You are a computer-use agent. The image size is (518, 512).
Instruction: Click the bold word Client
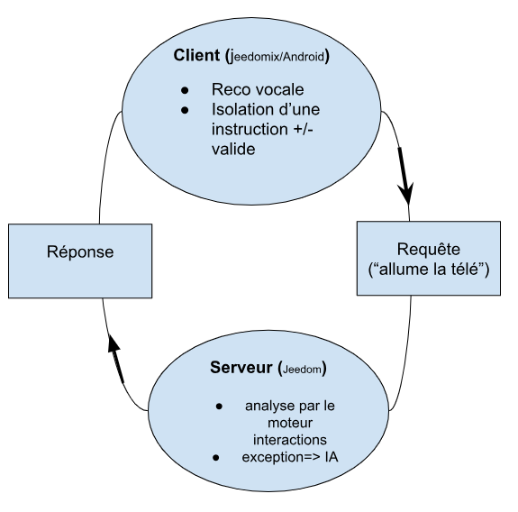(x=196, y=55)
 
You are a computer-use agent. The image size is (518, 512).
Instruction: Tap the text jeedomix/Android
(x=277, y=57)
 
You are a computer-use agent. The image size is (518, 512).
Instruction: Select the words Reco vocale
(x=258, y=89)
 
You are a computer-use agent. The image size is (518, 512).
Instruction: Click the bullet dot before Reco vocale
(x=185, y=90)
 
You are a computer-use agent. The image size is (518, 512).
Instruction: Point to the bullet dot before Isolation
(x=185, y=110)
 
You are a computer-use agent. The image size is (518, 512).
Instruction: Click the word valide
(x=233, y=149)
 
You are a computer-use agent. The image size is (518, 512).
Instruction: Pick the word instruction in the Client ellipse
(x=250, y=129)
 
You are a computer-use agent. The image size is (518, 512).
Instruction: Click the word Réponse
(x=80, y=251)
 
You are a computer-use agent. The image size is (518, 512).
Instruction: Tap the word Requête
(x=429, y=249)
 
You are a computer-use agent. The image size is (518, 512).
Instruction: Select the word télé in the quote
(x=465, y=269)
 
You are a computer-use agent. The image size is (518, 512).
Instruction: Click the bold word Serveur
(x=241, y=368)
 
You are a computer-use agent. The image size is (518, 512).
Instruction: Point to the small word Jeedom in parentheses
(x=302, y=370)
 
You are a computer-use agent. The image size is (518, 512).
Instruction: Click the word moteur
(x=290, y=423)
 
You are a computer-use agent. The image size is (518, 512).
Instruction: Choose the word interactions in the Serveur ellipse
(x=290, y=440)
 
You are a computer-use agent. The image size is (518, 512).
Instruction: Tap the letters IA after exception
(x=332, y=457)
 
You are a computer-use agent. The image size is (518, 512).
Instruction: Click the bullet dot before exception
(x=216, y=458)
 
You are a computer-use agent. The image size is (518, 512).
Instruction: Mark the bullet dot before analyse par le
(x=219, y=407)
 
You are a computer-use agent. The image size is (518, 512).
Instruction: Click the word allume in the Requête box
(x=399, y=269)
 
